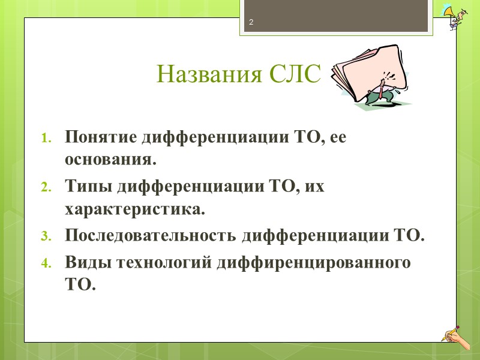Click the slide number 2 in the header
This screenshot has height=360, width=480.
(x=251, y=23)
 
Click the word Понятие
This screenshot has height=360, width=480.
(x=100, y=137)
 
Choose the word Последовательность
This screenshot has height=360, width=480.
(x=151, y=235)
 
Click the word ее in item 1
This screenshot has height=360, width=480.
(x=338, y=137)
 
